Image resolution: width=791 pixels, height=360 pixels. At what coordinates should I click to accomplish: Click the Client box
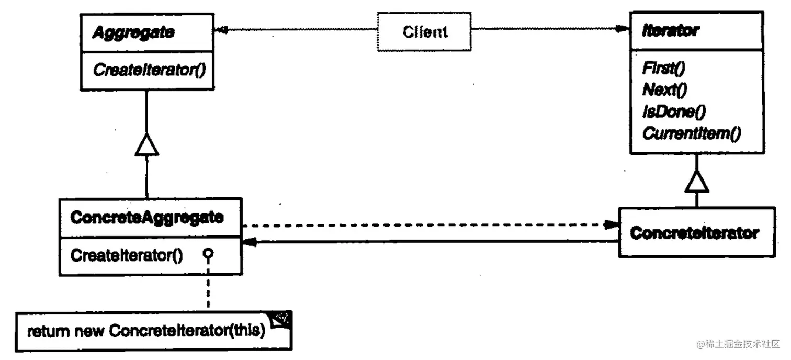click(x=424, y=32)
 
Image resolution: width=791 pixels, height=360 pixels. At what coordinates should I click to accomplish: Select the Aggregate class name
click(x=133, y=32)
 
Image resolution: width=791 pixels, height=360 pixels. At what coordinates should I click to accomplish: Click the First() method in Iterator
click(x=664, y=68)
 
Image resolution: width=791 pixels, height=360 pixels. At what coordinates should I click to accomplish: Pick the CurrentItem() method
click(x=691, y=133)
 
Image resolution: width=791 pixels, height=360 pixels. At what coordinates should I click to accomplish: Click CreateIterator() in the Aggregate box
click(x=149, y=70)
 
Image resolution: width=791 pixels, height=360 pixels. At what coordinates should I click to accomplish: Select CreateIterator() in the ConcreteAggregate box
click(x=126, y=256)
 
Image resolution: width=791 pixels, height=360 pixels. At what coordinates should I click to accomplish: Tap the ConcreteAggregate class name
click(x=147, y=218)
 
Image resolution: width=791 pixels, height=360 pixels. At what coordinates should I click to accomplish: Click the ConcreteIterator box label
click(x=694, y=233)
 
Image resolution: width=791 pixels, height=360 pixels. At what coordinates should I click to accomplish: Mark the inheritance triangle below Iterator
click(x=696, y=182)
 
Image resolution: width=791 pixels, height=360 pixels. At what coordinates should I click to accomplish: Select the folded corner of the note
click(x=281, y=320)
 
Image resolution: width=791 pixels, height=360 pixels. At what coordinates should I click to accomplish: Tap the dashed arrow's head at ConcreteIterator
click(x=612, y=225)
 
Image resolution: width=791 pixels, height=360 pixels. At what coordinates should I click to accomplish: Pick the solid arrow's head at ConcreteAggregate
click(x=248, y=242)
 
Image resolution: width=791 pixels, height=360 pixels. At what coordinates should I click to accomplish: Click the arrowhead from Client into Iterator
click(x=623, y=29)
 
